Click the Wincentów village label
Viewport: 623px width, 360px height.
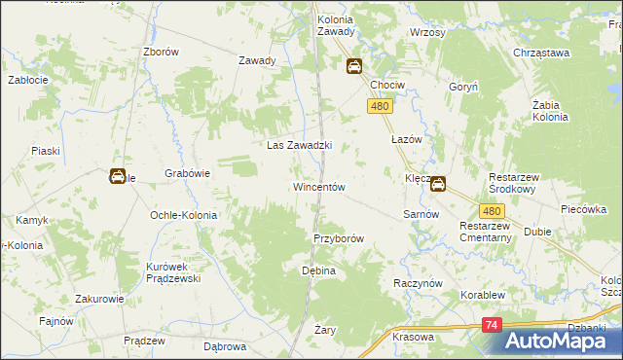click(318, 186)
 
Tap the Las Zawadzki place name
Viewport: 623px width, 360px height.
click(300, 145)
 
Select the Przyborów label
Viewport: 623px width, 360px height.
click(338, 238)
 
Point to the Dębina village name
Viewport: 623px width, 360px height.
click(318, 270)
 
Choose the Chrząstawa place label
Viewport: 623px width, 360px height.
click(540, 53)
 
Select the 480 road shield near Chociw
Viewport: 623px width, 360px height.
click(380, 107)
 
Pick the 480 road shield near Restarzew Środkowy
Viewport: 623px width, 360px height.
click(492, 210)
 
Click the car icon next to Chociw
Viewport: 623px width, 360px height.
click(353, 66)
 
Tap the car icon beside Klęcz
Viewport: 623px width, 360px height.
click(439, 182)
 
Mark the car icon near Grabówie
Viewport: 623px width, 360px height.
click(117, 176)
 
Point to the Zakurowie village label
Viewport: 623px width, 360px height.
click(97, 299)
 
